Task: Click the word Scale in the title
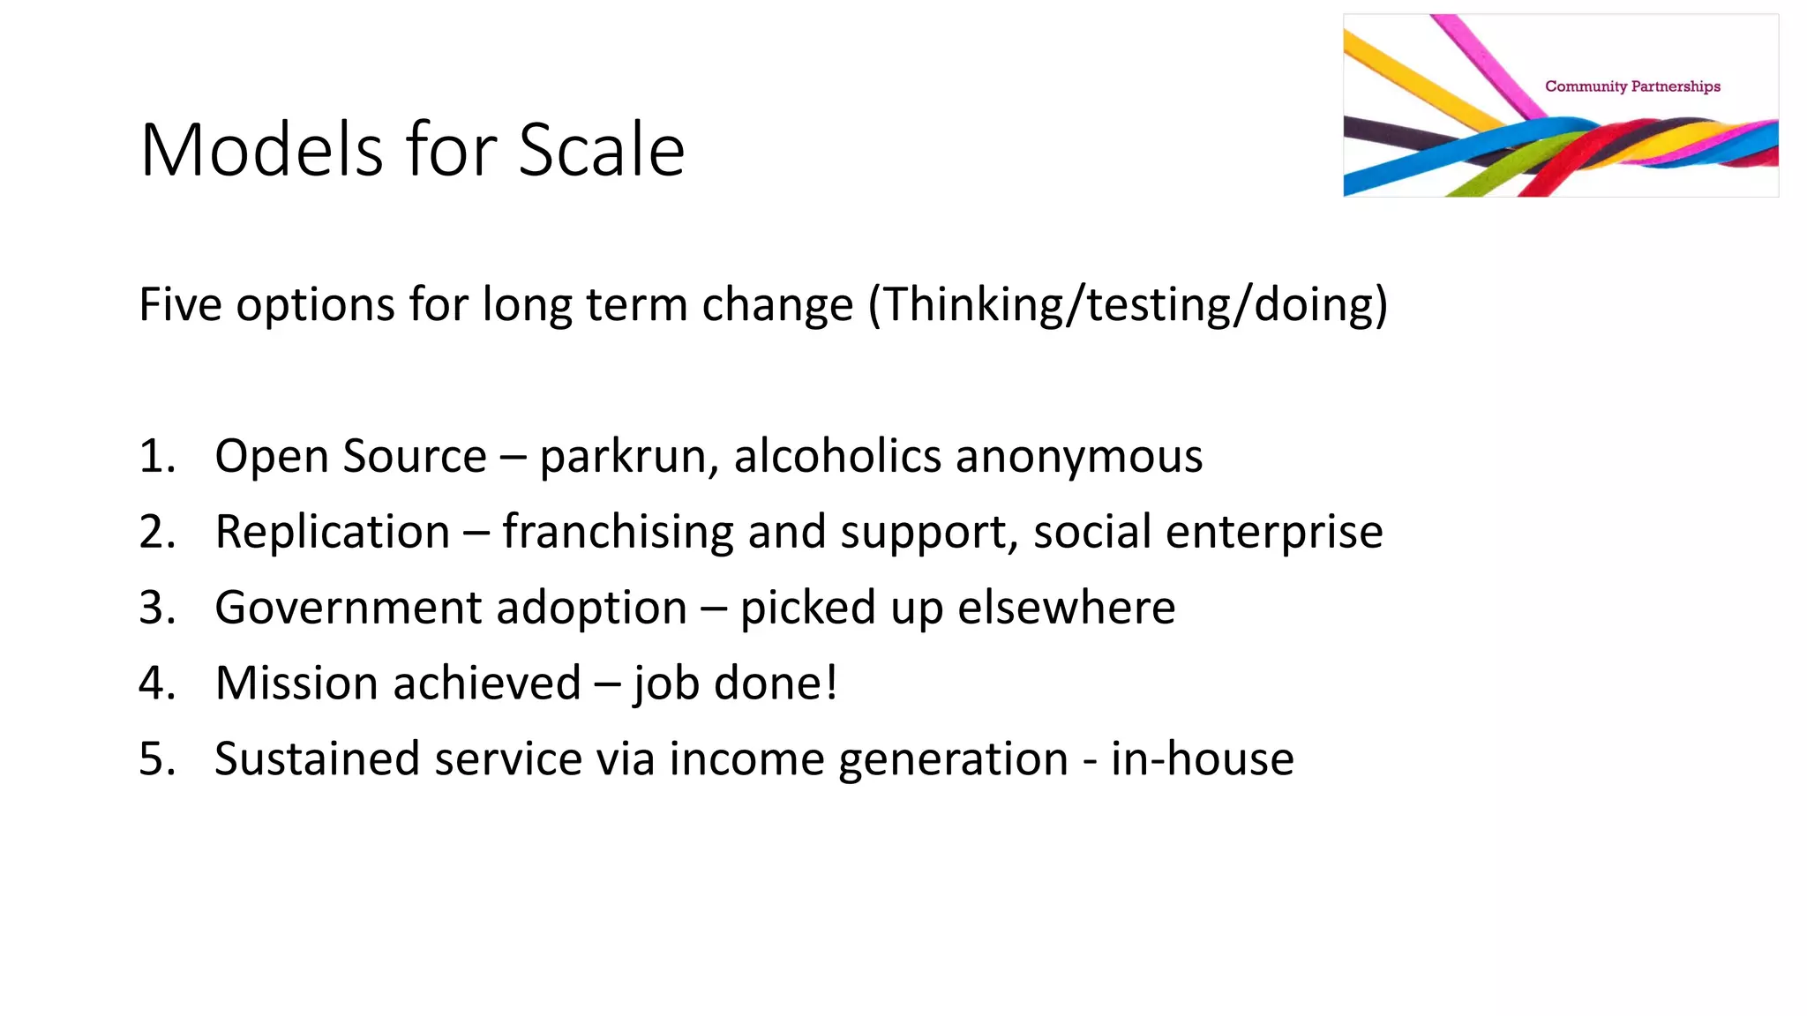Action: pyautogui.click(x=601, y=150)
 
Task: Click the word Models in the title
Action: pyautogui.click(x=261, y=150)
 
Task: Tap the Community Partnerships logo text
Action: pyautogui.click(x=1632, y=86)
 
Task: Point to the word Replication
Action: pyautogui.click(x=333, y=532)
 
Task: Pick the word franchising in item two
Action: pyautogui.click(x=617, y=532)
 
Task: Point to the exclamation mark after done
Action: pyautogui.click(x=830, y=684)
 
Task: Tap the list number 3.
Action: pyautogui.click(x=157, y=608)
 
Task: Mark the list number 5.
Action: pyautogui.click(x=157, y=759)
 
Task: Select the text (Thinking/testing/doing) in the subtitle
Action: pyautogui.click(x=1128, y=305)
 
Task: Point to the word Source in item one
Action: pyautogui.click(x=414, y=457)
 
